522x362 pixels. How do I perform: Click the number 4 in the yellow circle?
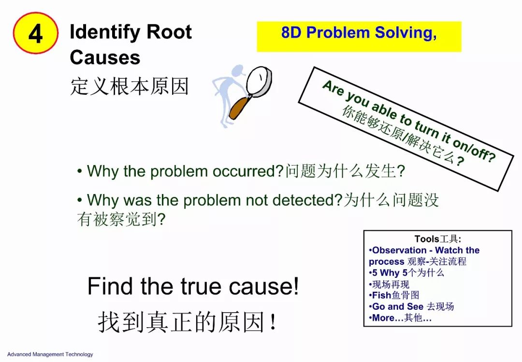[36, 34]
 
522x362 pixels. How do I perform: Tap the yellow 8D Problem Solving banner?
[359, 37]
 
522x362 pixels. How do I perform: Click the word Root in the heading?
[169, 32]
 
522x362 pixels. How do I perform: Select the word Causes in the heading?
[105, 57]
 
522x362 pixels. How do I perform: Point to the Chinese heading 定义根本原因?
[130, 86]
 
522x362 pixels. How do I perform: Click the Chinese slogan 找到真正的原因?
[187, 322]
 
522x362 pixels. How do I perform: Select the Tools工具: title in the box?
[438, 239]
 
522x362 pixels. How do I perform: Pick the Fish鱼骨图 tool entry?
[394, 295]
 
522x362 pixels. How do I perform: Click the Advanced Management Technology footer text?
[50, 354]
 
